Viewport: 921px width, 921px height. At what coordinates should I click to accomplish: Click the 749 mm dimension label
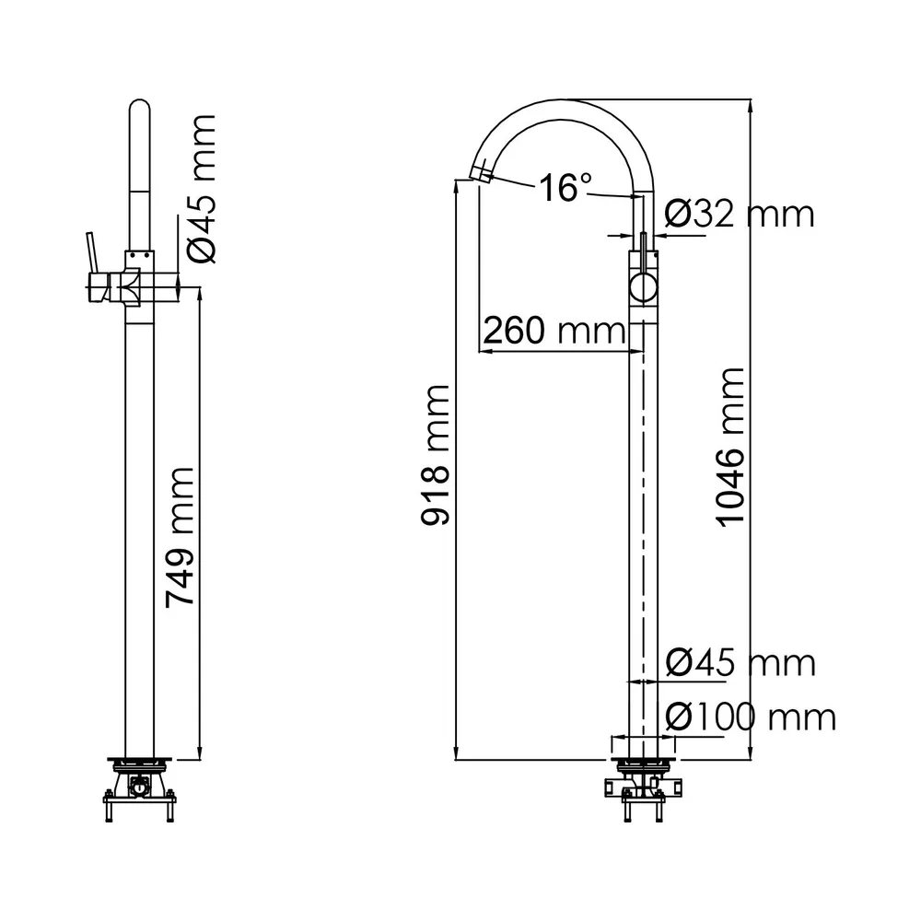tap(180, 537)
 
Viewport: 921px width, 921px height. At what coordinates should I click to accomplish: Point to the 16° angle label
tap(564, 188)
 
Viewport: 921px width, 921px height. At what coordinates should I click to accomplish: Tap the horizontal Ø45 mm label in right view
tap(740, 662)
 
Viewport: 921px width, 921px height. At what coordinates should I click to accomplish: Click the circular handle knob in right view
tap(644, 289)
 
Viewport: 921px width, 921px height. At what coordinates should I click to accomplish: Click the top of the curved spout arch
tap(566, 100)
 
